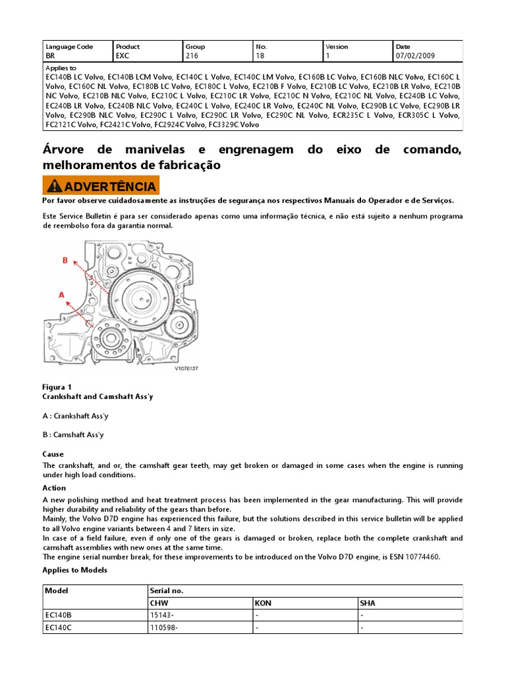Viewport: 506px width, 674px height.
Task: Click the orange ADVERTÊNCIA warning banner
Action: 101,186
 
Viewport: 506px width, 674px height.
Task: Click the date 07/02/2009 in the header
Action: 415,57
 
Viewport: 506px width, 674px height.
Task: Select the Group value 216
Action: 192,57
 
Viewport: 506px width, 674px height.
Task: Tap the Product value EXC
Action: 123,57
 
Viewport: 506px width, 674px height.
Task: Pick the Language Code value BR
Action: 50,57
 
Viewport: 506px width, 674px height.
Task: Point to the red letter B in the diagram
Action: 65,261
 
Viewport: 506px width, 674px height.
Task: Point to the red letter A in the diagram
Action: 61,296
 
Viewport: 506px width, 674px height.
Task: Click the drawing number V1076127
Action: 186,369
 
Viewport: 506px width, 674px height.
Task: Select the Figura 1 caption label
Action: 57,387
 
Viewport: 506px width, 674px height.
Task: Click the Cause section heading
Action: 53,454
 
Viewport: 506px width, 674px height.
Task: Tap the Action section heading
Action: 54,488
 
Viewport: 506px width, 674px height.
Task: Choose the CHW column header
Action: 160,603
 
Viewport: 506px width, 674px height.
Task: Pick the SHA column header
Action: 367,603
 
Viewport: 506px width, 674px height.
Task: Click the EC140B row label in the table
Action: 58,615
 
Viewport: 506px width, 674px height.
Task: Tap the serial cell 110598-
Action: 165,628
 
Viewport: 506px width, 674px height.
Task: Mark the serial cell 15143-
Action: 163,615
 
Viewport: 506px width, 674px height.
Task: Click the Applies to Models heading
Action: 74,569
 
